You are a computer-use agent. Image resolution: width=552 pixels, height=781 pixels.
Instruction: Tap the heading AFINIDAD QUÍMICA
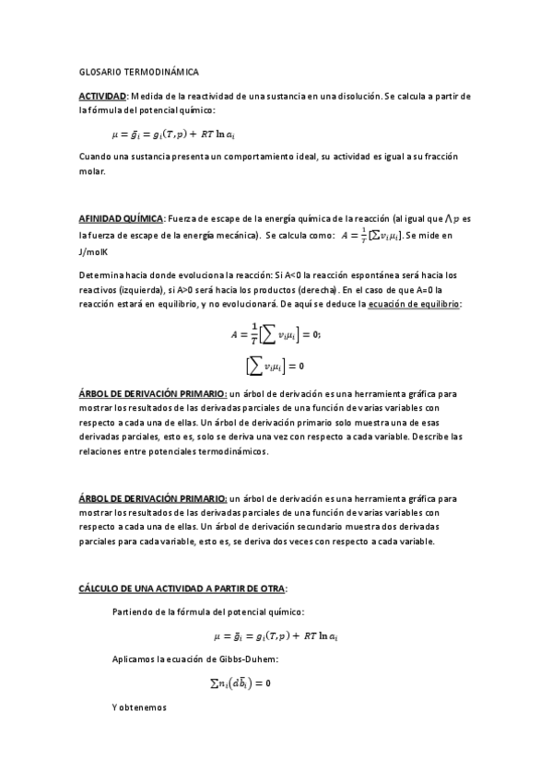(121, 219)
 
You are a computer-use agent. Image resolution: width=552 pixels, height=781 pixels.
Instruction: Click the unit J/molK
(94, 251)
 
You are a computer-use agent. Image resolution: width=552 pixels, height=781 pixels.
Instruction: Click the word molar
(92, 171)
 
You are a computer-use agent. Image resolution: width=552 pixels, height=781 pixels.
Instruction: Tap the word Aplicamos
(135, 659)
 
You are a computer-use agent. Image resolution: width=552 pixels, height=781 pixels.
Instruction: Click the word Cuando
(97, 157)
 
